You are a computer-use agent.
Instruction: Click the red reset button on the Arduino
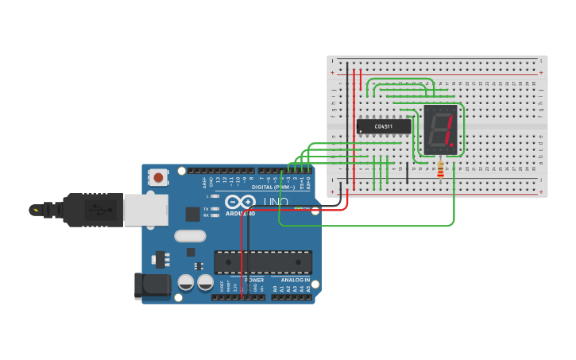click(x=158, y=177)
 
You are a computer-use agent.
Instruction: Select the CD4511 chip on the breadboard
click(x=384, y=126)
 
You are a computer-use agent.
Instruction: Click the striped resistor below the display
click(x=441, y=170)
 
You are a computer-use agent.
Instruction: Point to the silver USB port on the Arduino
click(x=145, y=210)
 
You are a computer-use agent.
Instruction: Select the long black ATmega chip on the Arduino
click(x=263, y=262)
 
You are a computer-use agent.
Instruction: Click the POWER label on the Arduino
click(x=254, y=280)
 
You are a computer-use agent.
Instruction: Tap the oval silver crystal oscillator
click(x=190, y=236)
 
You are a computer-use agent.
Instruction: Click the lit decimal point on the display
click(x=452, y=145)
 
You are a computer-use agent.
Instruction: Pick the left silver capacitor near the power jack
click(x=186, y=282)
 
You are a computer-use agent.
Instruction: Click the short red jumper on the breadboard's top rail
click(x=361, y=79)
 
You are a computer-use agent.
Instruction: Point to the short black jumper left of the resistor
click(x=408, y=172)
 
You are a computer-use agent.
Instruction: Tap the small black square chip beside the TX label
click(x=192, y=213)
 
